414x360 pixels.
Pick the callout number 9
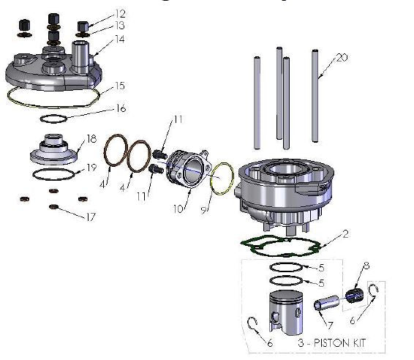(x=205, y=209)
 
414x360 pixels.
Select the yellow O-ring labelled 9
(x=222, y=179)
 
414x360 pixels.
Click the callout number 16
(x=121, y=108)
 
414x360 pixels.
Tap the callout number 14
(x=121, y=39)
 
